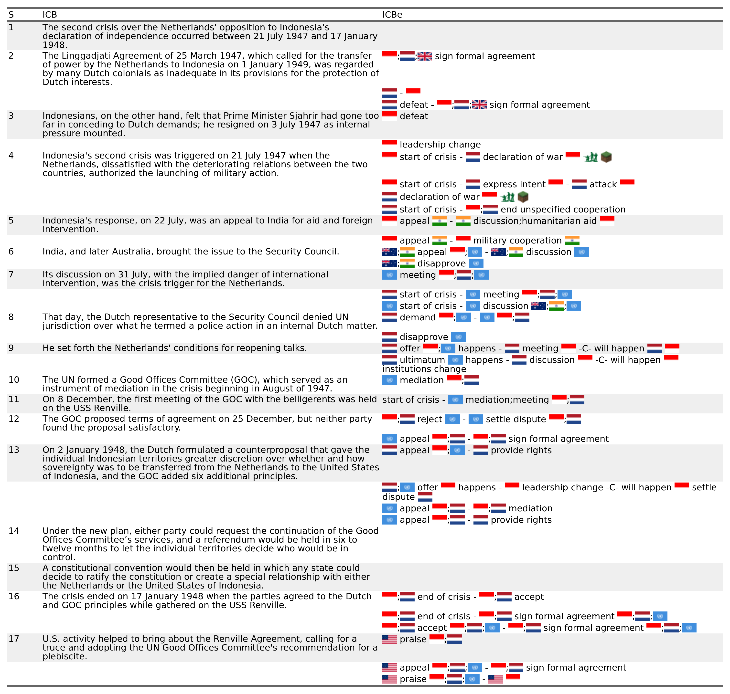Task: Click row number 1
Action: point(11,27)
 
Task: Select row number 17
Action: point(14,639)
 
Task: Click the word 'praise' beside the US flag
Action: point(413,639)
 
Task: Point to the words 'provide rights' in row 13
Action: point(521,450)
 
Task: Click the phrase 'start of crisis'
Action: point(410,400)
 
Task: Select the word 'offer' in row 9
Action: point(410,348)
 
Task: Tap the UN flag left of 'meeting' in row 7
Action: point(389,275)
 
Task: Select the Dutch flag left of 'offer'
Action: point(389,348)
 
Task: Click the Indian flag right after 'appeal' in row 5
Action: point(440,221)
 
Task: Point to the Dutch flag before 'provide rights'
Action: point(481,450)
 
